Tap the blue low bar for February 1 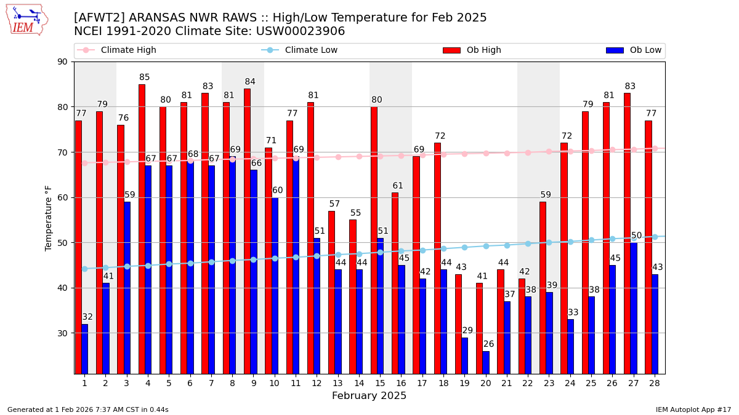(84, 349)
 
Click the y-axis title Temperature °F (49, 218)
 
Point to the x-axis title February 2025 (369, 396)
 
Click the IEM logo (27, 20)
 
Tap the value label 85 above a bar (145, 77)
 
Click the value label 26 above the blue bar (488, 344)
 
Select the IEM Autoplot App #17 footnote (693, 409)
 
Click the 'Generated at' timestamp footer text (87, 409)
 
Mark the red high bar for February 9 (247, 231)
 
